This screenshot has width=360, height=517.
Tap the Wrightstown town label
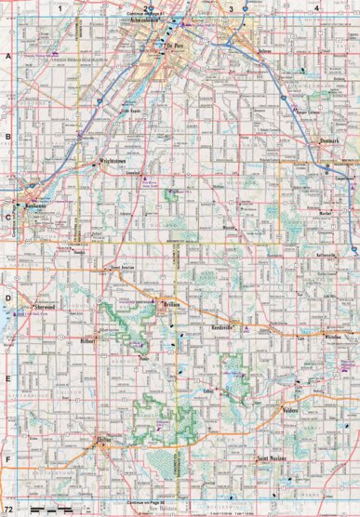[x=113, y=161]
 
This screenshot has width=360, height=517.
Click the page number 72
[x=9, y=510]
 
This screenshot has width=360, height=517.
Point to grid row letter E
[x=7, y=378]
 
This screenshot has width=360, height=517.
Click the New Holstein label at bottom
[x=161, y=510]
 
